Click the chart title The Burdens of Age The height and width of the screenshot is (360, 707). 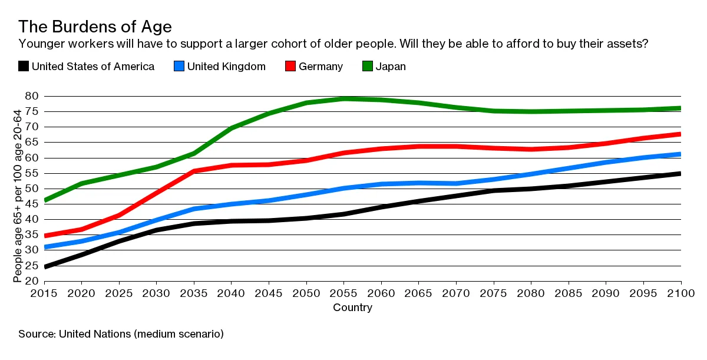tap(95, 27)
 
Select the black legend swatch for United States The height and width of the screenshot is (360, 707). tap(24, 67)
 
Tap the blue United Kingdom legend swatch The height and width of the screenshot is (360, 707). tap(180, 67)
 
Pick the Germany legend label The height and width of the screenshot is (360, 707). tap(321, 67)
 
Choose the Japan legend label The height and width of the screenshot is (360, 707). tap(391, 67)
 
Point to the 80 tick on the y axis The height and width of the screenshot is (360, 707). tap(32, 96)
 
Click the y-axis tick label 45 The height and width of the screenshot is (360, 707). tap(32, 204)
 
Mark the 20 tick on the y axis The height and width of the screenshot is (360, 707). tap(32, 280)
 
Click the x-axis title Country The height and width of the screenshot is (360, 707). tap(352, 308)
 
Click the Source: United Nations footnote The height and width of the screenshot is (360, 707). tap(121, 334)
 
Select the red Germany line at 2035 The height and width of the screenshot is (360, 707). tap(194, 171)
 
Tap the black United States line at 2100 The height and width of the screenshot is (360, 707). tap(680, 173)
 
